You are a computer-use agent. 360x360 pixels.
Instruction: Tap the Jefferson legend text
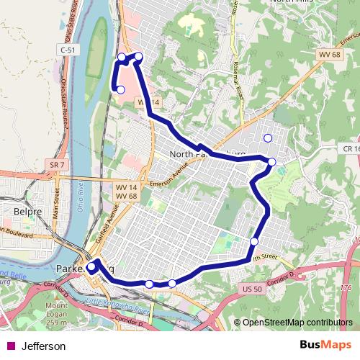pyautogui.click(x=44, y=346)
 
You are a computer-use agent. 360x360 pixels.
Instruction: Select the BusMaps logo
pyautogui.click(x=326, y=346)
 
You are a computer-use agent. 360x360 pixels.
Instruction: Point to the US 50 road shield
pyautogui.click(x=247, y=288)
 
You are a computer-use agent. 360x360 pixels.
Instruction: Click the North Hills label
pyautogui.click(x=292, y=3)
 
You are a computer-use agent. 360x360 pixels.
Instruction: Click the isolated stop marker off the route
pyautogui.click(x=268, y=138)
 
